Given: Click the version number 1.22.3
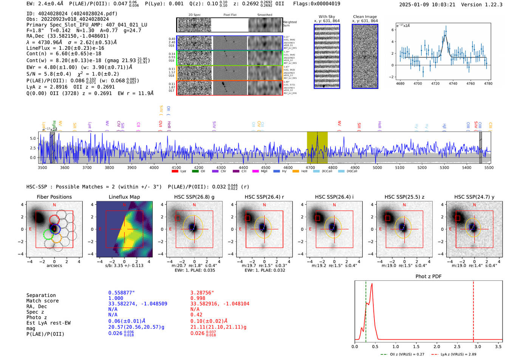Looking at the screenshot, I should click(x=491, y=5).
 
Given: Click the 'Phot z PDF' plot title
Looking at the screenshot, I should click(x=428, y=277).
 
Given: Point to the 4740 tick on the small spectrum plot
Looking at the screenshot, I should click(x=453, y=83).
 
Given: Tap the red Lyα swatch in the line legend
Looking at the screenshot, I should click(x=175, y=172).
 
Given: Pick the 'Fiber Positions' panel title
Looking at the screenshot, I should click(x=54, y=197).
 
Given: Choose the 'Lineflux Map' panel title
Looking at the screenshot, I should click(x=124, y=197).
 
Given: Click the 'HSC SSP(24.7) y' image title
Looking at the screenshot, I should click(x=474, y=197).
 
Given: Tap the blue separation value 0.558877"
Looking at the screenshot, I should click(x=122, y=293).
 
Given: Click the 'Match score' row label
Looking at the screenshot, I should click(x=42, y=301).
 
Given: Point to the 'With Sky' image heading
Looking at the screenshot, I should click(x=327, y=17).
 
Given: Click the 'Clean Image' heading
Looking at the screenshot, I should click(x=365, y=17).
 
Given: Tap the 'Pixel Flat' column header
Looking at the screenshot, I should click(x=230, y=15).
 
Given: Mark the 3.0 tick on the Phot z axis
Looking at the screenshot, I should click(x=478, y=346).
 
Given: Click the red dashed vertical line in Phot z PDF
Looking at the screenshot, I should click(x=473, y=310).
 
